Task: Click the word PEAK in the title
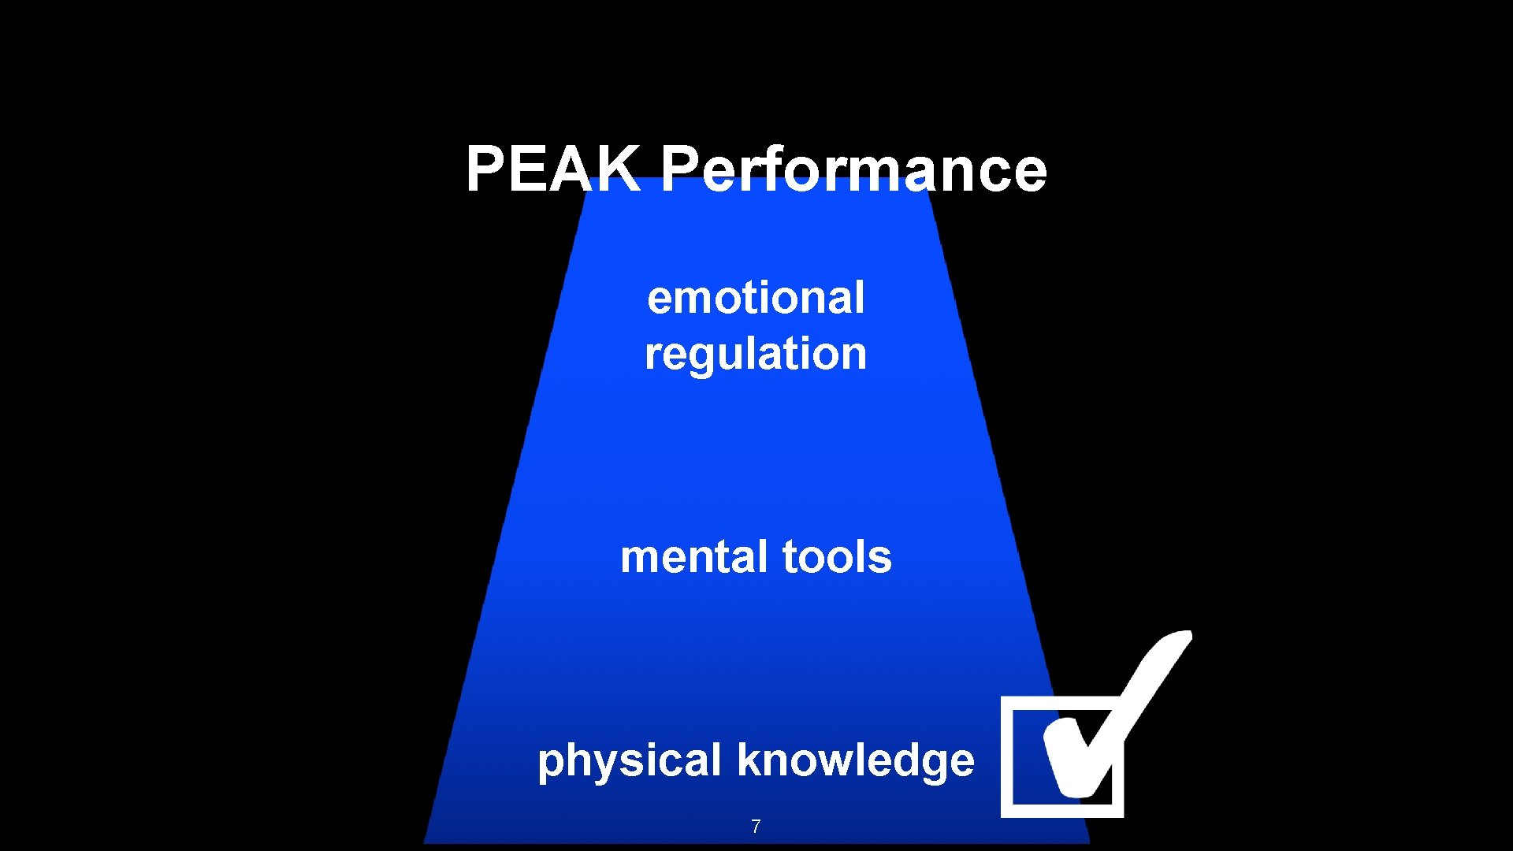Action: coord(552,169)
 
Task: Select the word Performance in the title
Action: coord(853,169)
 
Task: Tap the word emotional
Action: coord(756,298)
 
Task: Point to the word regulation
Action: coord(756,354)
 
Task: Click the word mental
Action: coord(694,557)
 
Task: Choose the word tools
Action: coord(837,557)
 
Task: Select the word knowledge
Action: coord(856,760)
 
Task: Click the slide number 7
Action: coord(756,827)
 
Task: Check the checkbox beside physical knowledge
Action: coord(1061,756)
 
